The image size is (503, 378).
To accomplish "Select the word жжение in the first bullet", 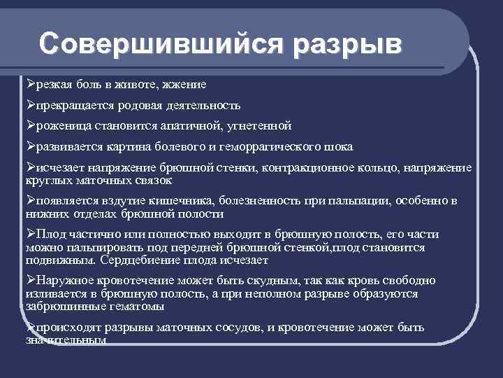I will pyautogui.click(x=184, y=85).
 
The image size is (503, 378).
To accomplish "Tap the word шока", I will pyautogui.click(x=338, y=147).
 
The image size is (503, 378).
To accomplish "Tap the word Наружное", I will pyautogui.click(x=66, y=281).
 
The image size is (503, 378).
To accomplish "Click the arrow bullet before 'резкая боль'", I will pyautogui.click(x=30, y=85).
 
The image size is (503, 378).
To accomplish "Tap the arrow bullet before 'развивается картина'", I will pyautogui.click(x=30, y=146).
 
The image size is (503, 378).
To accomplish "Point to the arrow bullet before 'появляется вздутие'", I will pyautogui.click(x=30, y=200).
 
